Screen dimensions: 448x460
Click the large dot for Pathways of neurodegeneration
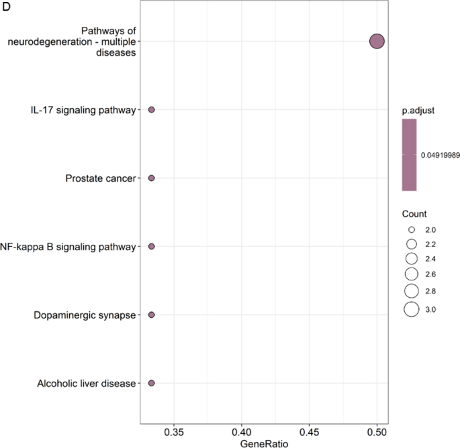pos(377,42)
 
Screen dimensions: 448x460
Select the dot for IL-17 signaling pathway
pos(151,109)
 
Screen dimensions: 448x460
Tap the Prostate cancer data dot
pos(151,178)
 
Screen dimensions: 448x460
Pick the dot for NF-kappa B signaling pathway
pos(151,247)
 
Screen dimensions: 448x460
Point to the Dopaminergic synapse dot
pos(151,315)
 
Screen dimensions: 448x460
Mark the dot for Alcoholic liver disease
pos(151,383)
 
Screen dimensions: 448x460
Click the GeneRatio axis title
pos(264,443)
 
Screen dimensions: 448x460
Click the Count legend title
pos(414,215)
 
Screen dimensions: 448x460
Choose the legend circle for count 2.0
pos(411,229)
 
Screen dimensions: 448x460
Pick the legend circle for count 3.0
pos(411,309)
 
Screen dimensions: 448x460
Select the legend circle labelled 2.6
pos(411,274)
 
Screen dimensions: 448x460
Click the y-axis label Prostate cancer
pos(100,178)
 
